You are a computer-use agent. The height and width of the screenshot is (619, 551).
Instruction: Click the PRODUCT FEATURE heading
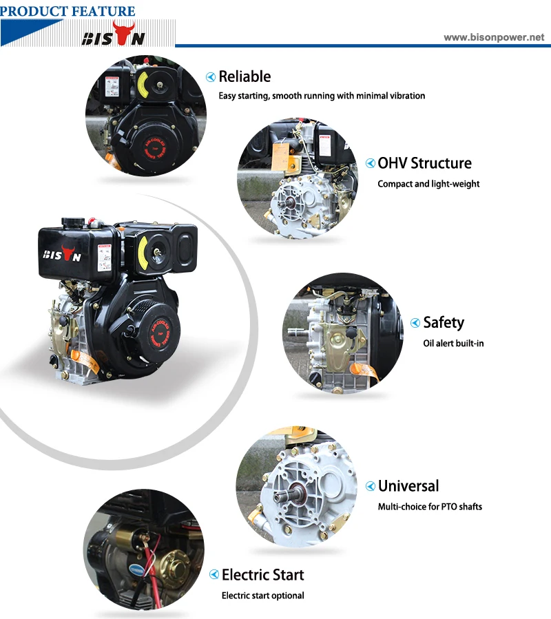[68, 11]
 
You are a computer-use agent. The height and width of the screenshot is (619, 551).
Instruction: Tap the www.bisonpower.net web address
[493, 38]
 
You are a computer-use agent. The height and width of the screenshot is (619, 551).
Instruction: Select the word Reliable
[245, 76]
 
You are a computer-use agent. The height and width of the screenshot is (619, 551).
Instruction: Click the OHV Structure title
[424, 163]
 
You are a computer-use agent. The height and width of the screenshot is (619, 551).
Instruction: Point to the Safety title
[444, 322]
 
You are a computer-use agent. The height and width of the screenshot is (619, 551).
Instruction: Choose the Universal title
[408, 486]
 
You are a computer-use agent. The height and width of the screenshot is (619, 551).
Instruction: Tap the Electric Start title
[262, 575]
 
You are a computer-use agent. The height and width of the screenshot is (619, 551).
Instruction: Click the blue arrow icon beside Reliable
[211, 77]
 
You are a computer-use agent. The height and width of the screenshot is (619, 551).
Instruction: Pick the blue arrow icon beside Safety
[415, 323]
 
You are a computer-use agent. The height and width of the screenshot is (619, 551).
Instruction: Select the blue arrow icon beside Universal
[371, 487]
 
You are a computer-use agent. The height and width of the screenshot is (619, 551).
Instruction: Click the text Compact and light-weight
[428, 184]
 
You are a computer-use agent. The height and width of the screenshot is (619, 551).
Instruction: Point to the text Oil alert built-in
[453, 343]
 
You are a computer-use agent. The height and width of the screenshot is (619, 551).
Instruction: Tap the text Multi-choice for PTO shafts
[430, 507]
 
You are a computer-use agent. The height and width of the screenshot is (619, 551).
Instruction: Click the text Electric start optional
[262, 596]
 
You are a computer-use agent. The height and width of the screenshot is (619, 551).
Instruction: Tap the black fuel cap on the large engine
[71, 222]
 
